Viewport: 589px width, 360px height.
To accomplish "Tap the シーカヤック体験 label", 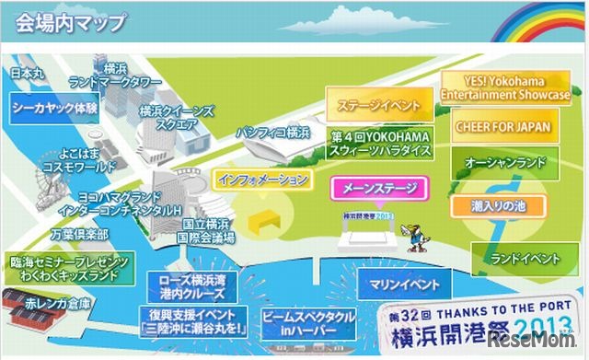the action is tap(55, 107).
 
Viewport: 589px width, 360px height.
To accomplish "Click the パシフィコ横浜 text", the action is tap(272, 133).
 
